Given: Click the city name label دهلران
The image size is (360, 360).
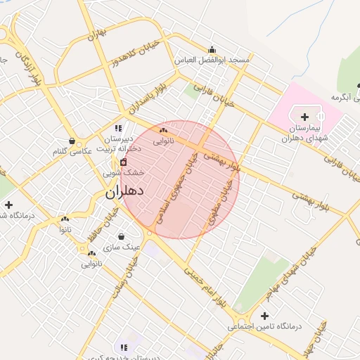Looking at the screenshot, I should coord(124,191).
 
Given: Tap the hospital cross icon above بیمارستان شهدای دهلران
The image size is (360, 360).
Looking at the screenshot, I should coord(304,117).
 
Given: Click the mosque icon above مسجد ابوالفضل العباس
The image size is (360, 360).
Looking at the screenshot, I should coord(212,49).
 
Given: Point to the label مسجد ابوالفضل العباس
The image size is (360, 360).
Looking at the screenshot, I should coord(212,60).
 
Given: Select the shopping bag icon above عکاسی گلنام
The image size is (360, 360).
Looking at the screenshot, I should coord(72,141).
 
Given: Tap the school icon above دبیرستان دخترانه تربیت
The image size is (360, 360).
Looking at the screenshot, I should coord(118,128).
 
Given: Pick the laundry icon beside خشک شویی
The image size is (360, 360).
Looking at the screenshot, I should coord(124,162).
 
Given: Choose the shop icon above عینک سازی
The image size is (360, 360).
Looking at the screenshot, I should coord(122,236).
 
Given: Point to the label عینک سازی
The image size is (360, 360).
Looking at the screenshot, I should coord(122,247).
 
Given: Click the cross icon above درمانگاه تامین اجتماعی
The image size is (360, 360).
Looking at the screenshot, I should coord(264,316).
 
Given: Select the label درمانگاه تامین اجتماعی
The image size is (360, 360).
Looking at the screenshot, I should coord(264,327).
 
